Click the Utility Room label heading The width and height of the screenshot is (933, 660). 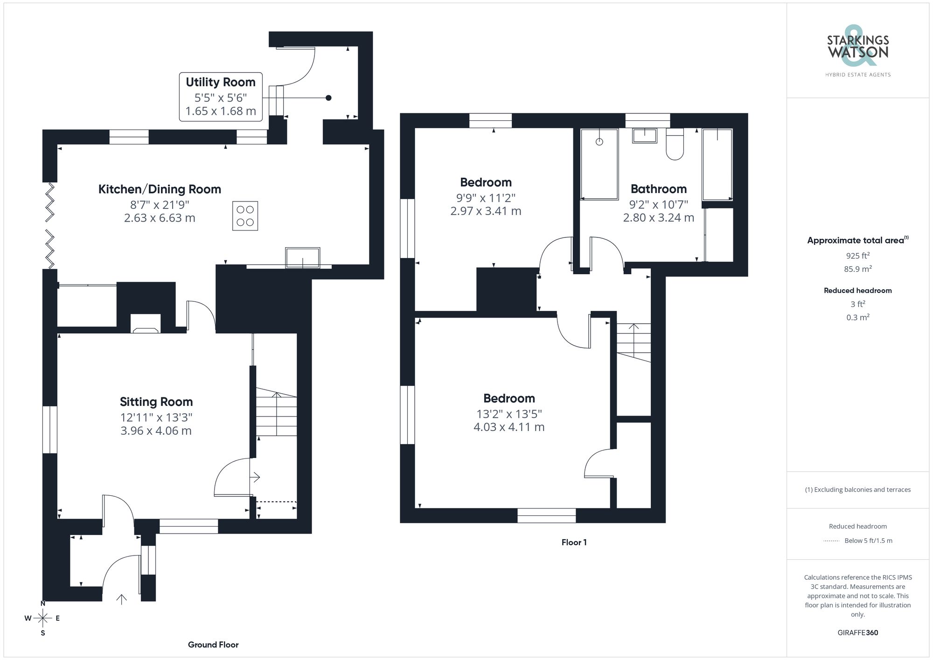(220, 82)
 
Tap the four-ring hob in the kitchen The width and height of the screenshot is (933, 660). (245, 215)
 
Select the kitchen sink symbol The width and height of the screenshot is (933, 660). (303, 257)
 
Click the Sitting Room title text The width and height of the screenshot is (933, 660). (156, 402)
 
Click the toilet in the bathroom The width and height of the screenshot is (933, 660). (675, 145)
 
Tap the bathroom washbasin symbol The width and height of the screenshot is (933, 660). (645, 136)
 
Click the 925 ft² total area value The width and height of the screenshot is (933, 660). (857, 256)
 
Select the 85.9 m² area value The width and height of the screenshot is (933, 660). (857, 269)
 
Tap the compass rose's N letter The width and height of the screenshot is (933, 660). (43, 604)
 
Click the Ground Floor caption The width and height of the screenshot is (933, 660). (213, 645)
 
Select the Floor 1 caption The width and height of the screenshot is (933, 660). (574, 542)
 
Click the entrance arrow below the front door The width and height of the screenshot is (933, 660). (122, 599)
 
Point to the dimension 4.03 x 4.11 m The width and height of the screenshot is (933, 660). (509, 427)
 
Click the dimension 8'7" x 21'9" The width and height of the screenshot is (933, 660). (160, 204)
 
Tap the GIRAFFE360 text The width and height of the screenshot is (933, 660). (857, 632)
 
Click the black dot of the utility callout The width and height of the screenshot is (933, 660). (328, 98)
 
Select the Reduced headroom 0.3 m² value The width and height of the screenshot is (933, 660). (857, 317)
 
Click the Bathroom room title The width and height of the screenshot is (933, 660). (658, 189)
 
